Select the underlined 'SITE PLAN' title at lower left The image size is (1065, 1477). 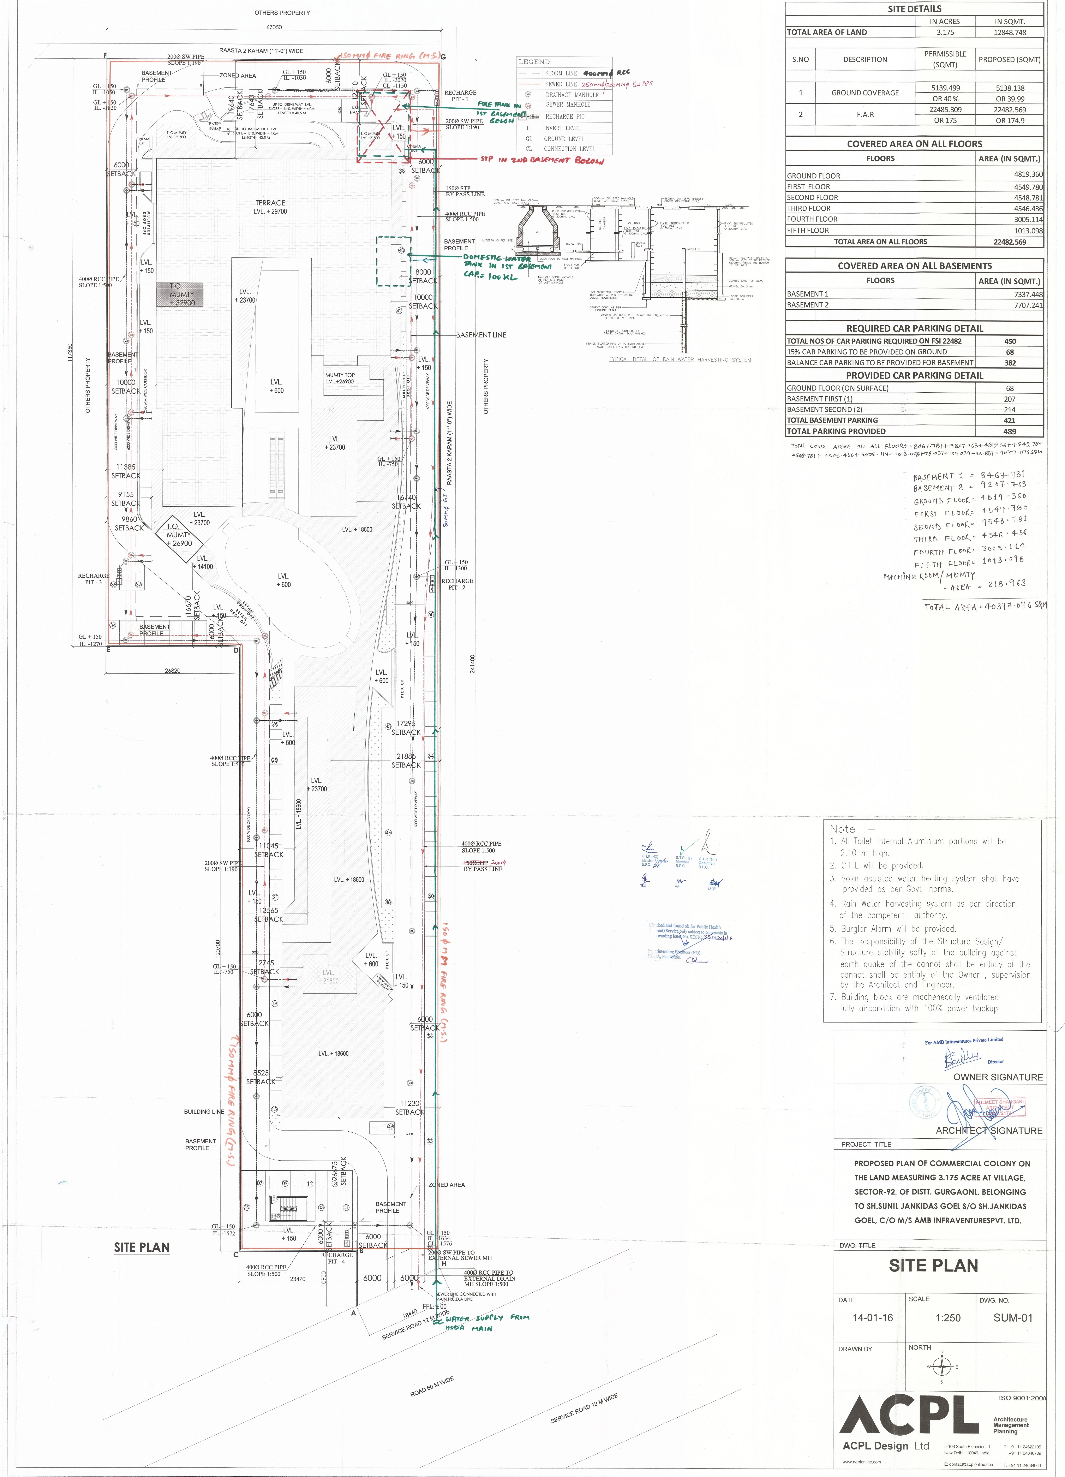pyautogui.click(x=141, y=1247)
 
